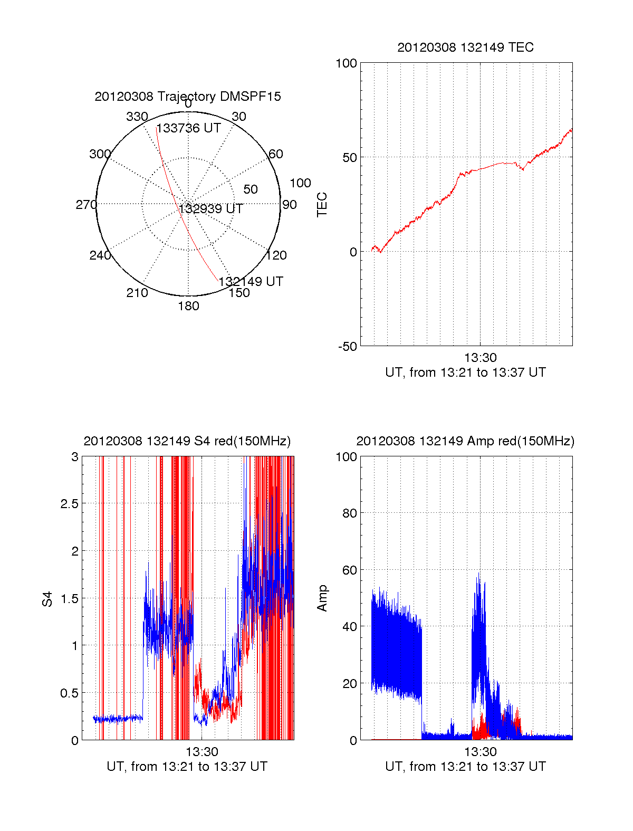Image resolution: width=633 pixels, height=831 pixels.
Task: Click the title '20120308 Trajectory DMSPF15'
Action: tap(188, 97)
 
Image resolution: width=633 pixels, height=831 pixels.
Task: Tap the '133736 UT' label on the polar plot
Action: tap(189, 128)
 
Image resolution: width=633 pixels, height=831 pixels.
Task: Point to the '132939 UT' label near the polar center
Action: tap(211, 209)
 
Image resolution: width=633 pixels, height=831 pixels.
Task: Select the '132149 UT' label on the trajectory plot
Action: tap(251, 282)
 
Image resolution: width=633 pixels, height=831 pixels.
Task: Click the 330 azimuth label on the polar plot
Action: tap(137, 117)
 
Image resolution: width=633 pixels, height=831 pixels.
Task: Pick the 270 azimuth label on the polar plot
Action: tap(86, 205)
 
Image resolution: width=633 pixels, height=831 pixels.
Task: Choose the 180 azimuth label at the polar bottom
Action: tap(188, 306)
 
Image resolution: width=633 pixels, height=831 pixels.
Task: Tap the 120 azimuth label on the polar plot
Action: tap(276, 256)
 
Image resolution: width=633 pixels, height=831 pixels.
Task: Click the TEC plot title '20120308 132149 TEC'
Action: tap(465, 47)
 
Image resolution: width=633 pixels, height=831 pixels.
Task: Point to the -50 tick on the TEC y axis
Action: tap(348, 347)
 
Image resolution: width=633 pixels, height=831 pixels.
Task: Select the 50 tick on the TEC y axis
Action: tap(350, 158)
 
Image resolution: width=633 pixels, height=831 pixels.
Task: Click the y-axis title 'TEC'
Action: tap(322, 205)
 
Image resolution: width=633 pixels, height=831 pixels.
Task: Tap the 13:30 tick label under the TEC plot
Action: tap(480, 358)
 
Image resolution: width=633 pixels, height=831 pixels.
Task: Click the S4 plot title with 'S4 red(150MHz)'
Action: tap(187, 441)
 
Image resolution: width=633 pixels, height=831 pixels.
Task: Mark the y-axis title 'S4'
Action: tap(47, 599)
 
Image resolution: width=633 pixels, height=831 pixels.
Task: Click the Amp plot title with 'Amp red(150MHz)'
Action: tap(465, 441)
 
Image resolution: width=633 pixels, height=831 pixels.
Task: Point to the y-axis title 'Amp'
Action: tap(322, 598)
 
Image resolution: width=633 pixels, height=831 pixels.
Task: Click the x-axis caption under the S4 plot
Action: tap(187, 767)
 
